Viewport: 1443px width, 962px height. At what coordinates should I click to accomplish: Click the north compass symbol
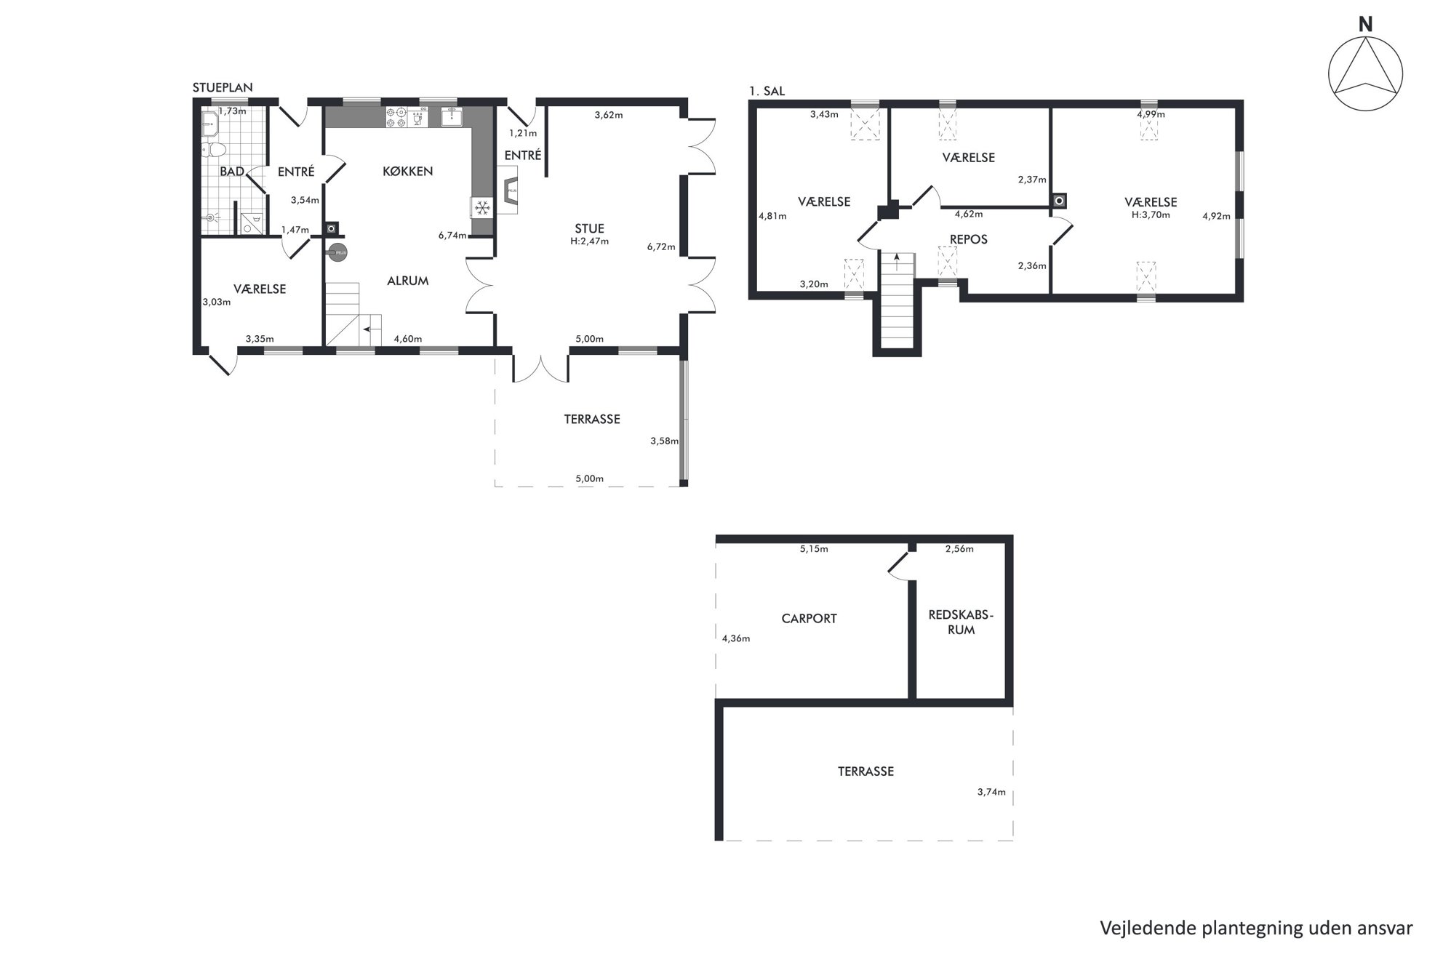pyautogui.click(x=1365, y=73)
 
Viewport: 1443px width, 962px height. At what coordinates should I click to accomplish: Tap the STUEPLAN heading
pyautogui.click(x=223, y=87)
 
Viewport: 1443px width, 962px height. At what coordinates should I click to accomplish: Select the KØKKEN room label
pyautogui.click(x=408, y=172)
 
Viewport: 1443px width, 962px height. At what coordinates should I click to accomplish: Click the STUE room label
pyautogui.click(x=589, y=228)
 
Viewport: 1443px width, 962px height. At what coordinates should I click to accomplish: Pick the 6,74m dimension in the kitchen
pyautogui.click(x=452, y=235)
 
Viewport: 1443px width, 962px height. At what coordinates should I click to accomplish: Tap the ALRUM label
pyautogui.click(x=407, y=281)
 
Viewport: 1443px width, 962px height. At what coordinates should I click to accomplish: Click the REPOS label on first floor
pyautogui.click(x=969, y=239)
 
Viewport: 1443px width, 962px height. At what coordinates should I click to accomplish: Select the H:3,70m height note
pyautogui.click(x=1151, y=215)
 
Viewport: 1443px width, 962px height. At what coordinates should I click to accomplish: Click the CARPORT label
pyautogui.click(x=809, y=619)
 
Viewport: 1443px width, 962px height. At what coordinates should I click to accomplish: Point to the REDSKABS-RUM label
pyautogui.click(x=961, y=622)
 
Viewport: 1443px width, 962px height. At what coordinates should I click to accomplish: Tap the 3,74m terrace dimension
pyautogui.click(x=991, y=792)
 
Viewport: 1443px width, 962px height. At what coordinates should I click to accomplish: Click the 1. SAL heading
pyautogui.click(x=767, y=92)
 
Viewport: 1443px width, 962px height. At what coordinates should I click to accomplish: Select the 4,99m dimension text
pyautogui.click(x=1151, y=114)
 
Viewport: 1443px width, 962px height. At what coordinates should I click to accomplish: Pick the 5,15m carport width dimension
pyautogui.click(x=814, y=549)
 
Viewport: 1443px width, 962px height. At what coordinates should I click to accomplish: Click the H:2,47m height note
pyautogui.click(x=589, y=241)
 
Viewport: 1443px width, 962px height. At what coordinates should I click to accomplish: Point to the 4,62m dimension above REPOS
pyautogui.click(x=969, y=214)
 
